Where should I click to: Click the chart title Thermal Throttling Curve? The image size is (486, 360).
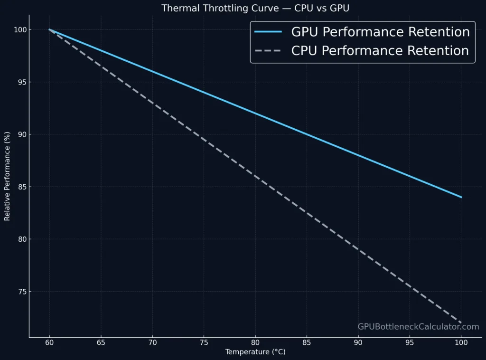(x=255, y=8)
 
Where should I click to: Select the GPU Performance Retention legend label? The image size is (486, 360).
(x=380, y=32)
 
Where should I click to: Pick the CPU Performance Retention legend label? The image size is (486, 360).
(x=380, y=51)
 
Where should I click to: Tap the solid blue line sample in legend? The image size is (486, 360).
(x=268, y=32)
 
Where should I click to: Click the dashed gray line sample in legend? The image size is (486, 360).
(x=268, y=51)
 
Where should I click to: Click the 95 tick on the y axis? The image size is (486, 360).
(x=20, y=82)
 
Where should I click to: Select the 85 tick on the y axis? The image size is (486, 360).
(x=20, y=187)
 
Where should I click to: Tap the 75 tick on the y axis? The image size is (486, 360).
(x=20, y=292)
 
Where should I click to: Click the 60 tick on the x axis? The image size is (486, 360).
(x=49, y=342)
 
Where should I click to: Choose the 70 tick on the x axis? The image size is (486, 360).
(x=152, y=342)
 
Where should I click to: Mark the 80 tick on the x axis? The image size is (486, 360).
(x=255, y=342)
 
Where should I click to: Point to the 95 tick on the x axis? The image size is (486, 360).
(x=410, y=342)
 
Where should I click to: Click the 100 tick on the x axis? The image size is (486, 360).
(x=461, y=342)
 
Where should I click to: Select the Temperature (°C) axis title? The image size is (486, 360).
(x=255, y=352)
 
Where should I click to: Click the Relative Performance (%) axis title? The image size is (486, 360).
(x=7, y=176)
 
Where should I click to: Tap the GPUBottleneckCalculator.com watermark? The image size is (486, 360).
(x=418, y=327)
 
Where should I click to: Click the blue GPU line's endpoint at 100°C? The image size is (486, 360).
(x=461, y=197)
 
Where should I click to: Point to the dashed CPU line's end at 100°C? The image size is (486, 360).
(x=461, y=323)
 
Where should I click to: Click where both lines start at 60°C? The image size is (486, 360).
(x=49, y=29)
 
